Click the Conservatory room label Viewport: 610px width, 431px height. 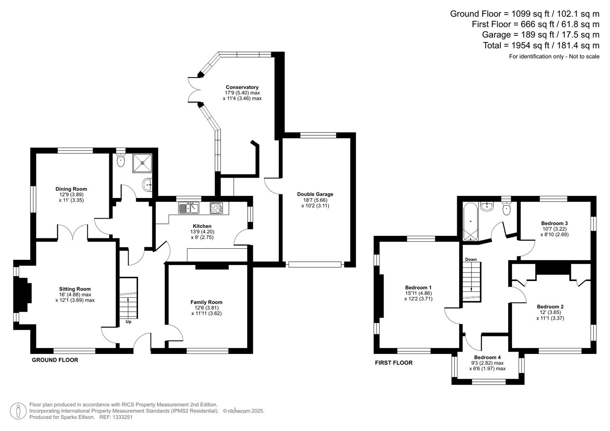(x=242, y=87)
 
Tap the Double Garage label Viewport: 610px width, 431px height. (x=315, y=194)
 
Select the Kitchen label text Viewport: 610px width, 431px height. (x=202, y=226)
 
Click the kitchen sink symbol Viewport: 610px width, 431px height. (x=189, y=208)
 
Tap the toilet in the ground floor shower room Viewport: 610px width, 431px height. (x=120, y=160)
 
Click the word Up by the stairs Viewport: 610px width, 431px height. (x=129, y=322)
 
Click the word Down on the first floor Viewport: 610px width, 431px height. (x=471, y=259)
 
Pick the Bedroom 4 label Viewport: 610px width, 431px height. (x=487, y=357)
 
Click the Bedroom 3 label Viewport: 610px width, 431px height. (x=554, y=223)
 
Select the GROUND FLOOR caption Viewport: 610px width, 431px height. (x=55, y=360)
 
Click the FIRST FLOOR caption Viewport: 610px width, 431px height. (x=393, y=363)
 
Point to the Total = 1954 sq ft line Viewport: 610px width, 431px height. (x=541, y=45)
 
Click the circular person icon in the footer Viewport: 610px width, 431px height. (x=18, y=411)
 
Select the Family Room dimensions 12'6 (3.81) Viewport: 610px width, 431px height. (x=206, y=308)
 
